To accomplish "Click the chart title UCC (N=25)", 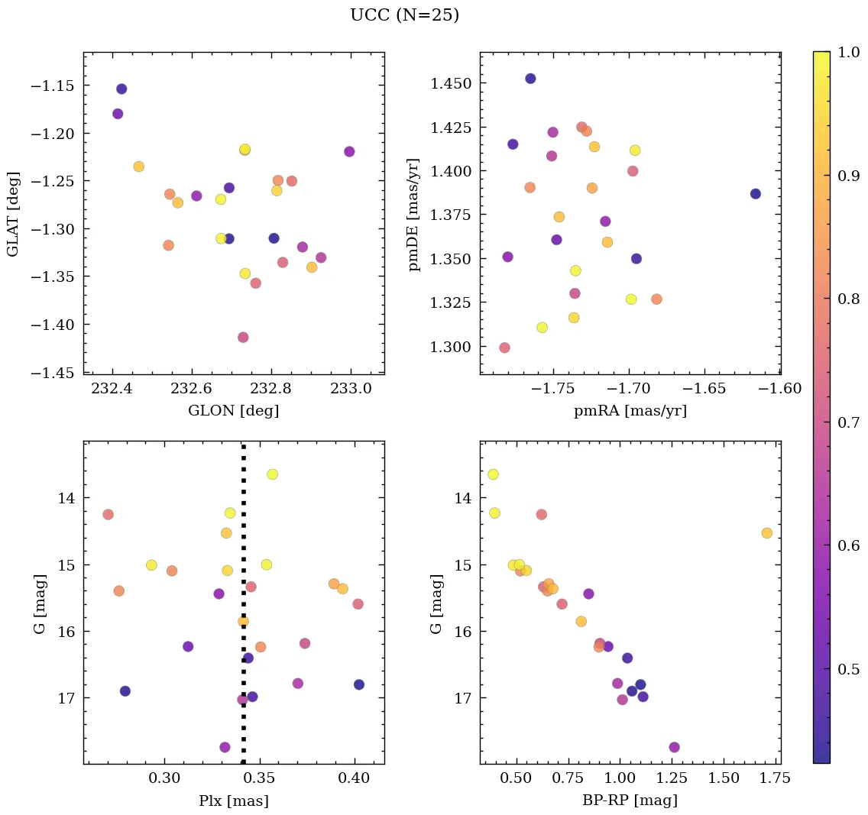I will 404,15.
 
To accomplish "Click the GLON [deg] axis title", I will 233,411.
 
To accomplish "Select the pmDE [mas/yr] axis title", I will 413,215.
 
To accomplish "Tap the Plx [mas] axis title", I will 233,800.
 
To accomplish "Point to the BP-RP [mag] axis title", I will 630,800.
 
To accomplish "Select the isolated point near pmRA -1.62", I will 755,194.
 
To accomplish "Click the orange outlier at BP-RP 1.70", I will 766,533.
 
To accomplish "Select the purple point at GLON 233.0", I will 349,151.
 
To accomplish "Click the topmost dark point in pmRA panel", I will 530,79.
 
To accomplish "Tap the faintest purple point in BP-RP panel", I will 674,747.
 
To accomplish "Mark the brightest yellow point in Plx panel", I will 272,474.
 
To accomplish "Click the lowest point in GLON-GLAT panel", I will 243,338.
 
